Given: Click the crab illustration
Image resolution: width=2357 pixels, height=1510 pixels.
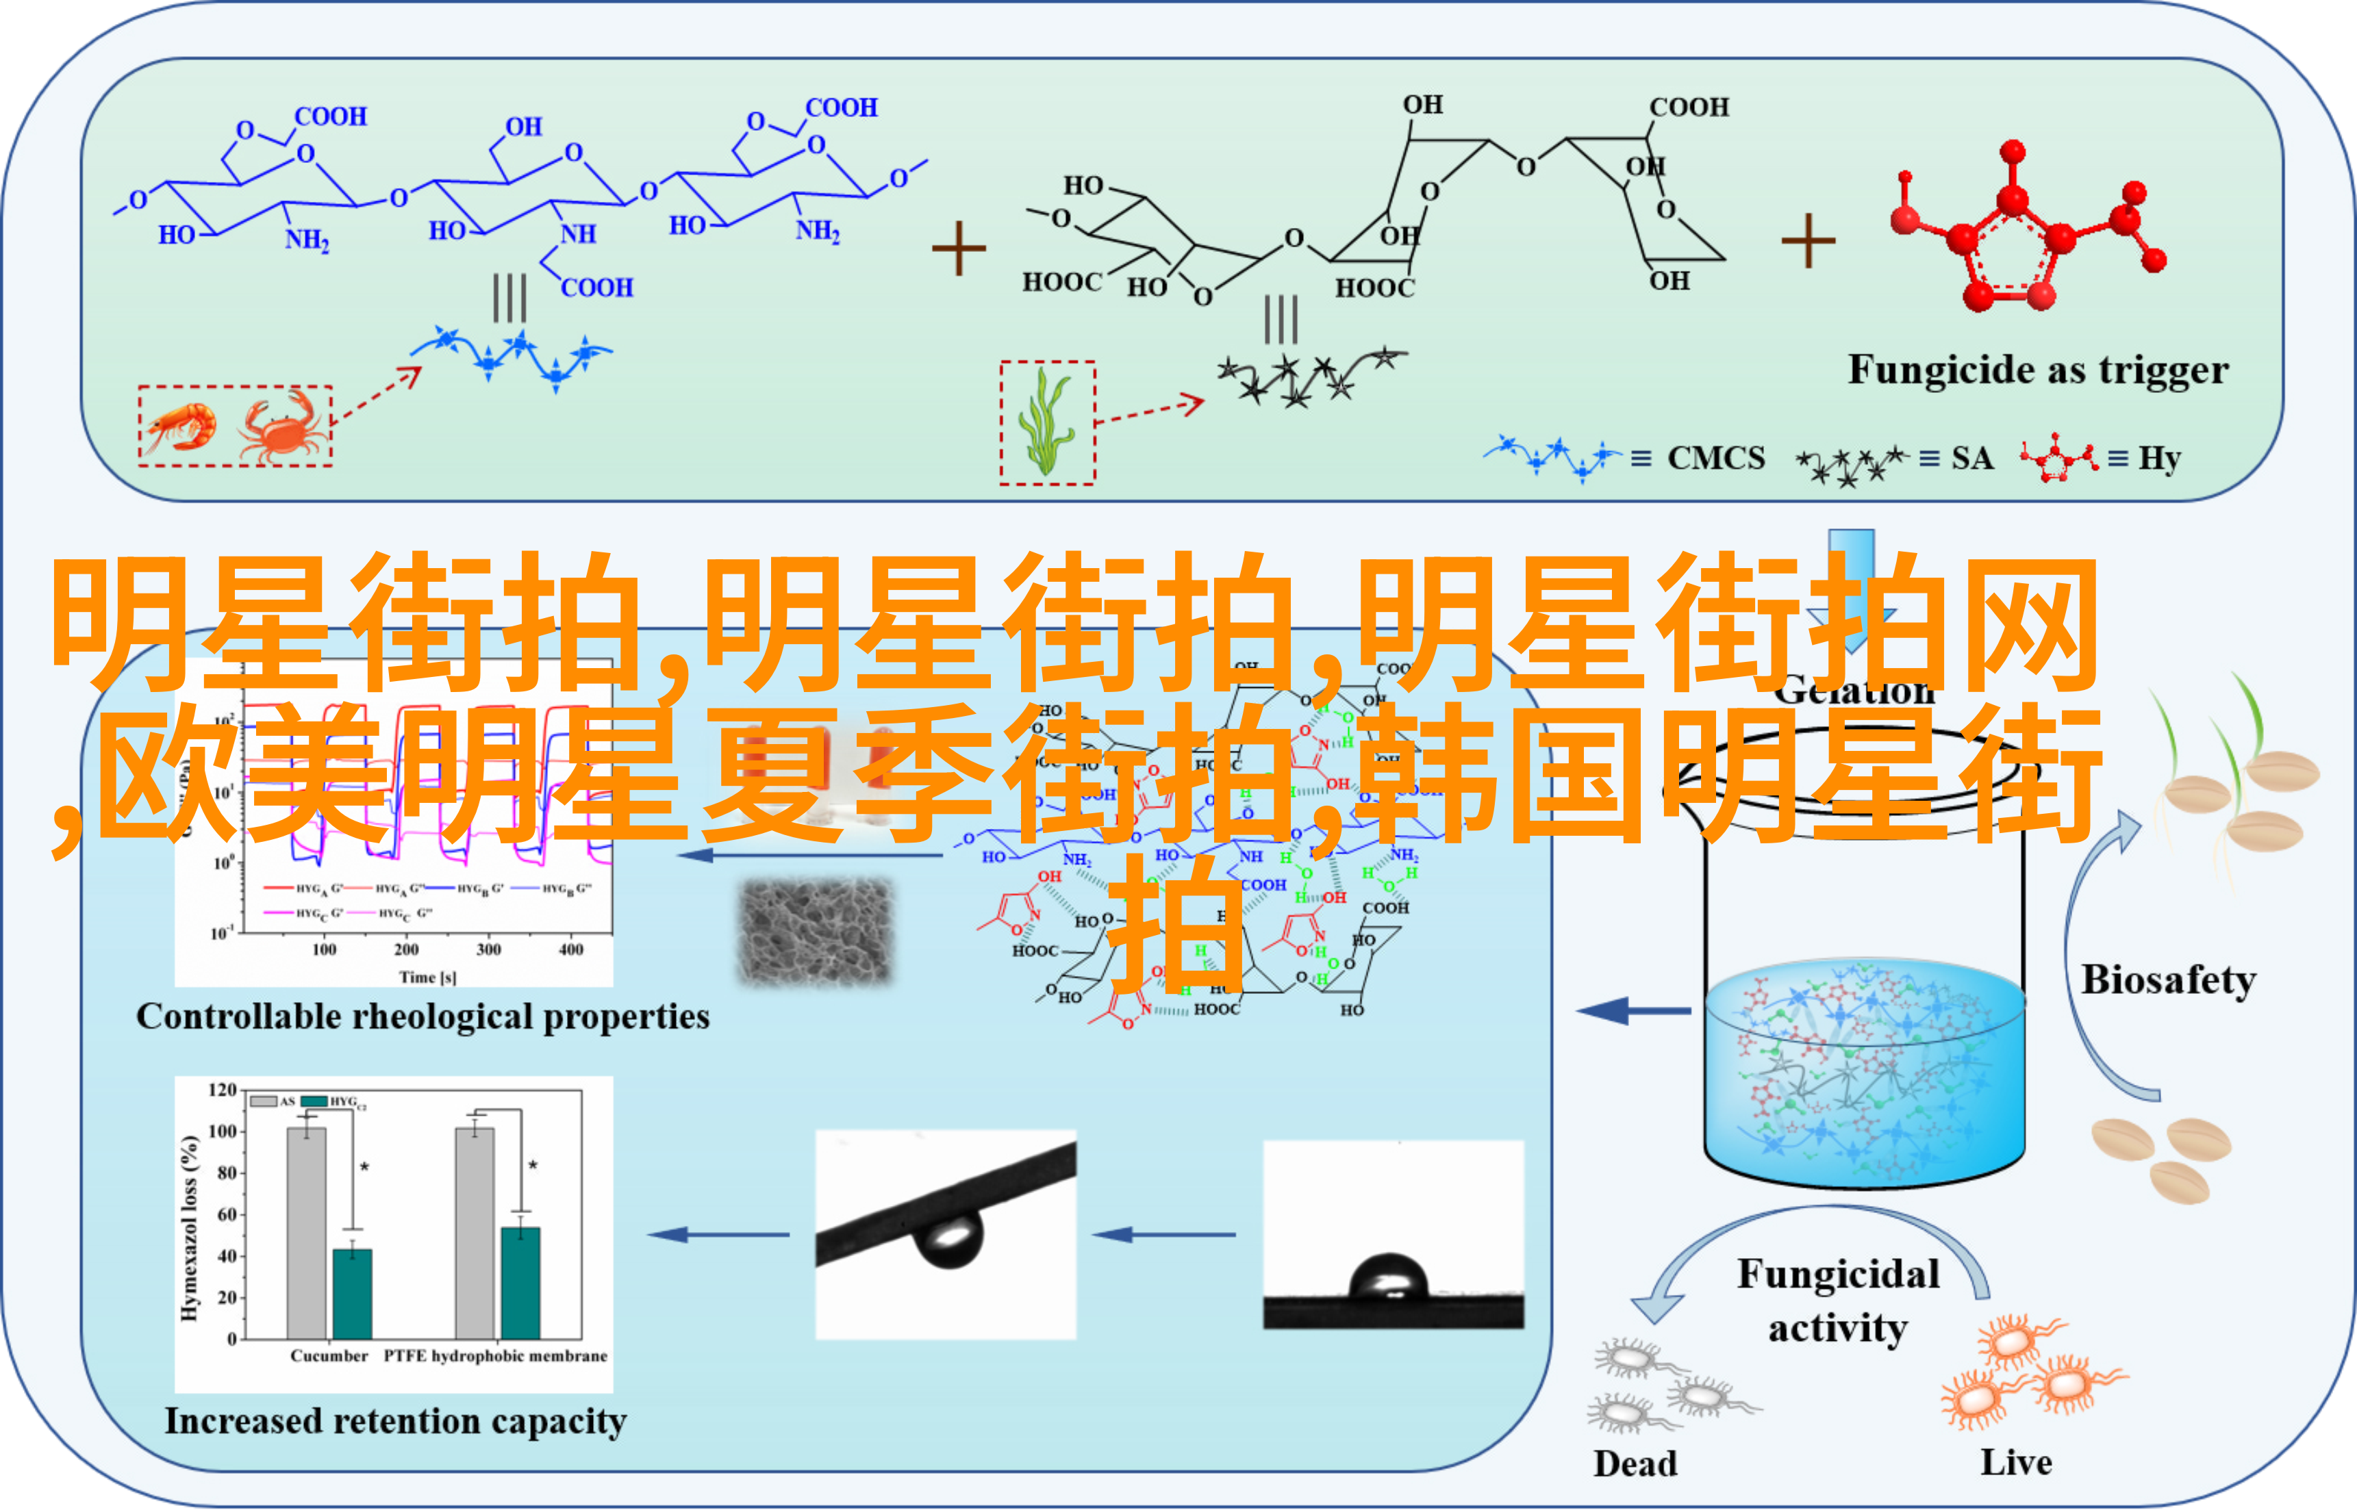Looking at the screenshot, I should [x=281, y=428].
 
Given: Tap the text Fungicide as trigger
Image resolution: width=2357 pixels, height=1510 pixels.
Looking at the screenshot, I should [x=2037, y=370].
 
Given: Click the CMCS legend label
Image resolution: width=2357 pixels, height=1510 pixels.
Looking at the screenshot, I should [x=1715, y=458].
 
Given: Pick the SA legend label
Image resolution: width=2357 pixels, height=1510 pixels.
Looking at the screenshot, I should [x=1971, y=458].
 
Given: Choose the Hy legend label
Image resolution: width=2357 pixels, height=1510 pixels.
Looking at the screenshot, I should [x=2159, y=458].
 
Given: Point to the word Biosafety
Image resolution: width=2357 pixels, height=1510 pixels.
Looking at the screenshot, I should [x=2168, y=980].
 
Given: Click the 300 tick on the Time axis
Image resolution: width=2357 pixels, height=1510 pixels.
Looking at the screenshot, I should [x=488, y=949].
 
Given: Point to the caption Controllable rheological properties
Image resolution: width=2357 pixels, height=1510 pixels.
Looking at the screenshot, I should [x=423, y=1016].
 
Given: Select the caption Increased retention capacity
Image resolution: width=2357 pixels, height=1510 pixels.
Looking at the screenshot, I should [x=395, y=1421].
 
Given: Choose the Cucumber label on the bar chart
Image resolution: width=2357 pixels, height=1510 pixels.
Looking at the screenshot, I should [x=329, y=1356].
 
